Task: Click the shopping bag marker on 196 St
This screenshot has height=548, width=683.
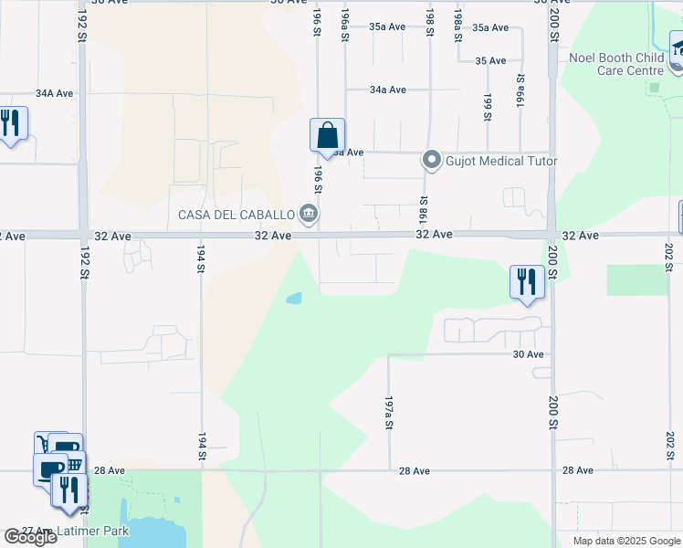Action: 327,137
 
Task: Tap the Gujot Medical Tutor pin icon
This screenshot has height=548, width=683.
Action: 431,162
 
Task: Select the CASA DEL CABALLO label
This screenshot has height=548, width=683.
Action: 236,216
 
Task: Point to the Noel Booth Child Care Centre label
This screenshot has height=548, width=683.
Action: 616,64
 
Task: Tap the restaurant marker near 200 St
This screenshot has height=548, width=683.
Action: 527,282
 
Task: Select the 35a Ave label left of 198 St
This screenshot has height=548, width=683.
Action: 387,27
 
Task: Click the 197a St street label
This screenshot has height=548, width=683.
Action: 388,413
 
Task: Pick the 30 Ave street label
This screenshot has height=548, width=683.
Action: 528,354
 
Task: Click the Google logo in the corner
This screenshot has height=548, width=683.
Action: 30,537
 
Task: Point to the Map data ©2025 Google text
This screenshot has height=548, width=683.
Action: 626,541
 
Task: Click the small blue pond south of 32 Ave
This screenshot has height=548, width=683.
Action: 293,298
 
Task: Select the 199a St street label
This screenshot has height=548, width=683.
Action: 520,91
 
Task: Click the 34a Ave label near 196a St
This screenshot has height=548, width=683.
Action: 387,90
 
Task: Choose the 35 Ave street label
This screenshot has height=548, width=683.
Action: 490,60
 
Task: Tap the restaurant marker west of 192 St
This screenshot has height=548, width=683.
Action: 11,123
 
